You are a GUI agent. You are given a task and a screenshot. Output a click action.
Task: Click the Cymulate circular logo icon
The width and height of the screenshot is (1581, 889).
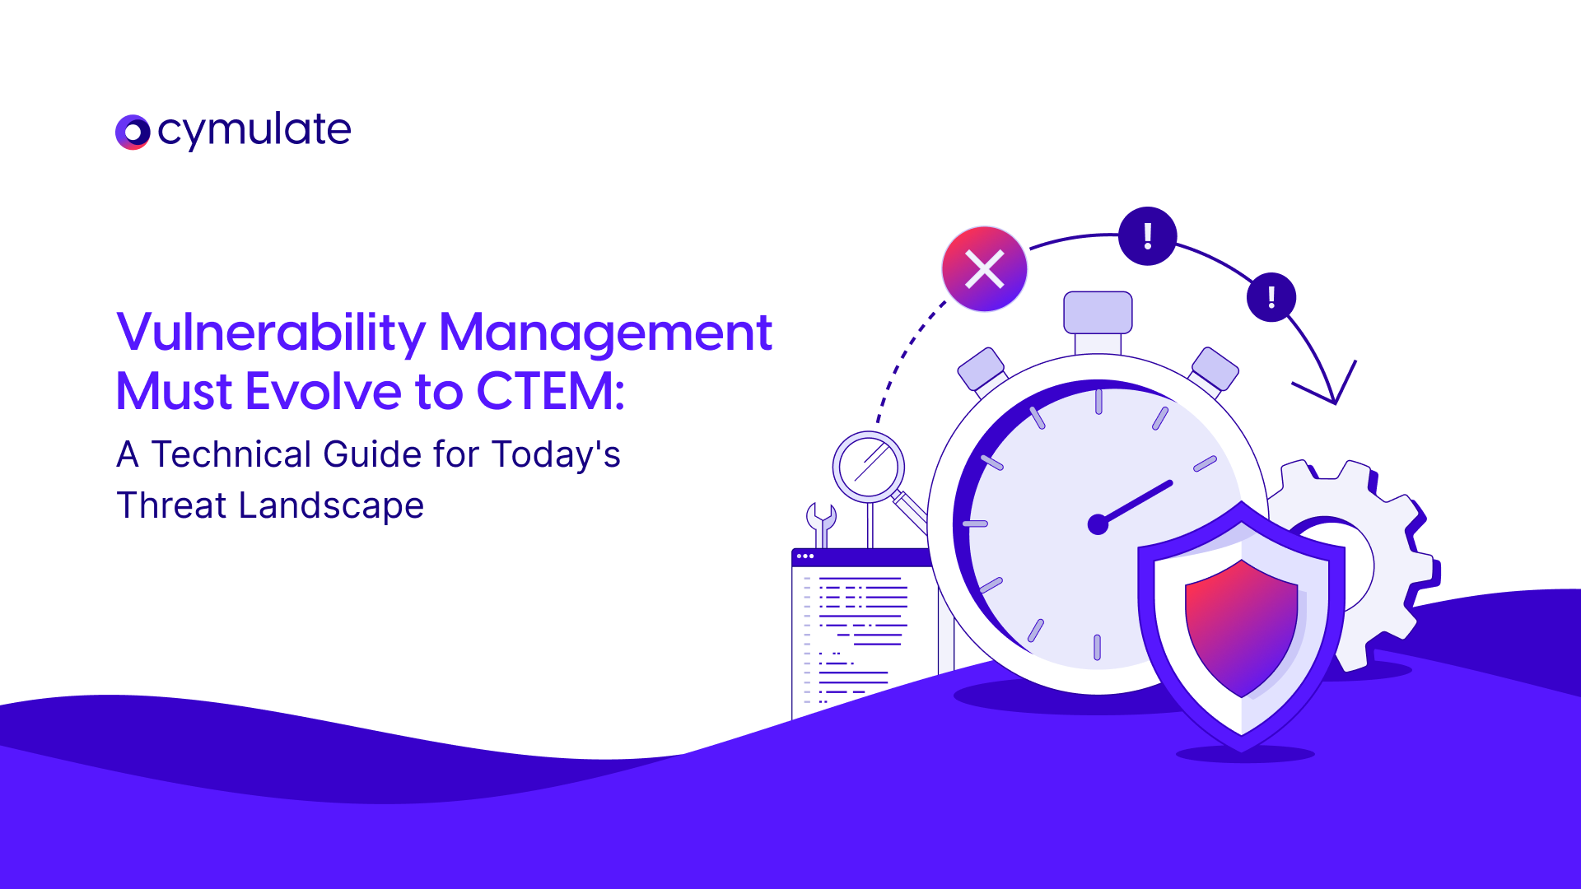[133, 132]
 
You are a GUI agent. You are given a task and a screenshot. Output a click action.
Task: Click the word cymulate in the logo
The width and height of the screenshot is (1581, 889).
[254, 130]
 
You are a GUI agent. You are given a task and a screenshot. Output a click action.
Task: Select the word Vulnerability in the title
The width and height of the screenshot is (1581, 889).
[272, 333]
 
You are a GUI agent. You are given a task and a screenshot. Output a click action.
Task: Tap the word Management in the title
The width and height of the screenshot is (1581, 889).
[605, 333]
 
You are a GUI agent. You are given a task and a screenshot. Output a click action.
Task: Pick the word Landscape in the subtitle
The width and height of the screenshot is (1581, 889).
[331, 506]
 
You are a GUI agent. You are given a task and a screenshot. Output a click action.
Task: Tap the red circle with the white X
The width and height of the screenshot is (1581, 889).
[984, 269]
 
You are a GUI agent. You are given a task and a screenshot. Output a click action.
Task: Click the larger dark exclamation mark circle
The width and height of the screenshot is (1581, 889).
[1147, 236]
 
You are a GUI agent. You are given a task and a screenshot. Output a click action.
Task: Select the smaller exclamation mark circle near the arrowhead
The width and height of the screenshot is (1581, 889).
[1271, 297]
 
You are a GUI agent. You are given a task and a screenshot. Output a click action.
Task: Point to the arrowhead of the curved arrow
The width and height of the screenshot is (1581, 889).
[1334, 403]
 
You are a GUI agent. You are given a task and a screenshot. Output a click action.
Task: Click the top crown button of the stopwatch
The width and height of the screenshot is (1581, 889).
[1098, 313]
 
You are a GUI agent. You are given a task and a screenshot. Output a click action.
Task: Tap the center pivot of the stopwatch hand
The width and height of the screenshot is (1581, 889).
[1098, 524]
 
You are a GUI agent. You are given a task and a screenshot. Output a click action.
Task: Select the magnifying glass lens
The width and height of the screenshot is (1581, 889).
[868, 467]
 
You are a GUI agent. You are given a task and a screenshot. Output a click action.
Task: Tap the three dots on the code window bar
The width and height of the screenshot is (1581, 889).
[805, 556]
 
